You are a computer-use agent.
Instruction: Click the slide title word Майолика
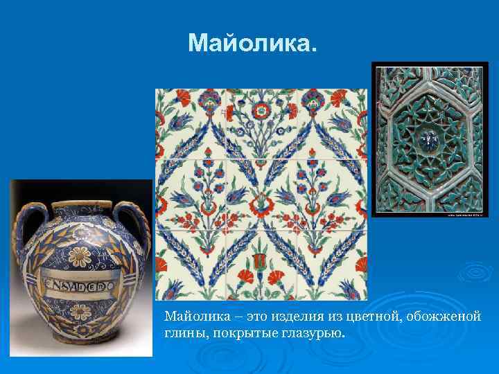click(252, 44)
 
